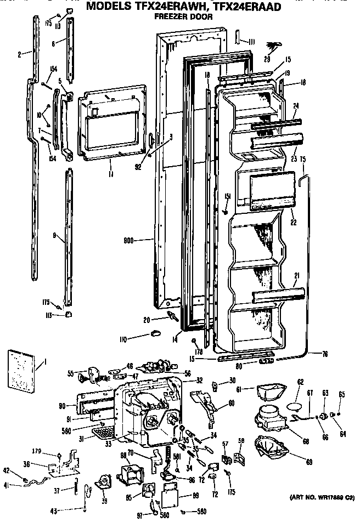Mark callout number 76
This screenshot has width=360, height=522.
point(325,354)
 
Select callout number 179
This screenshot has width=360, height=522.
point(53,452)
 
